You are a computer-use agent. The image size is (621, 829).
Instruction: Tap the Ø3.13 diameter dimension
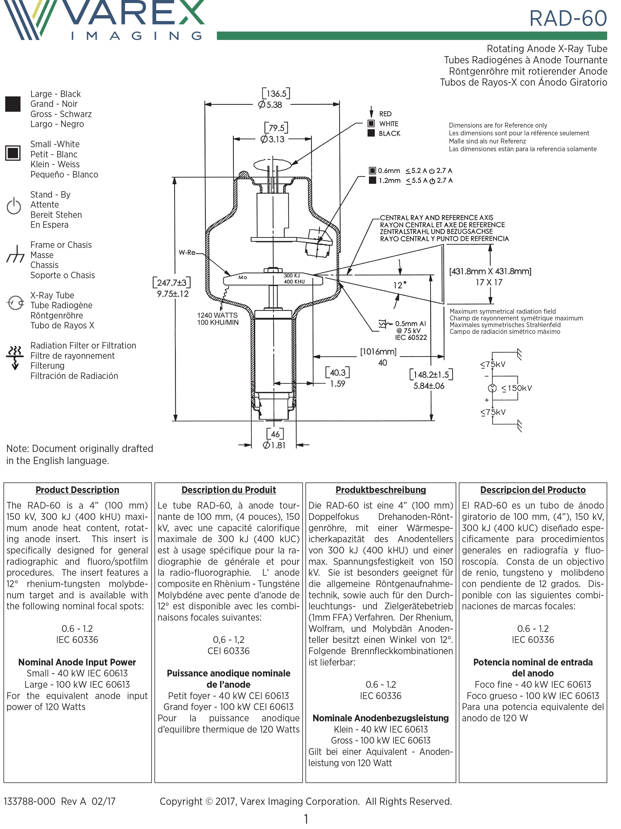click(x=273, y=139)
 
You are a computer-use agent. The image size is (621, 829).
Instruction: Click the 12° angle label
click(x=399, y=285)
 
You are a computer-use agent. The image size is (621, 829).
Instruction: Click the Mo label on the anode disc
click(x=243, y=277)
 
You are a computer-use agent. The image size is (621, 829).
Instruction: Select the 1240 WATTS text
click(x=217, y=315)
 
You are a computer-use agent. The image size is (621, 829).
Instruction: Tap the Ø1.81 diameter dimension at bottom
click(x=274, y=445)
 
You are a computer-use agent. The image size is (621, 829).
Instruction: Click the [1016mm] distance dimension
click(x=378, y=352)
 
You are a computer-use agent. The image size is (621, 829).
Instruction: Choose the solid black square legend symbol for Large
click(x=13, y=104)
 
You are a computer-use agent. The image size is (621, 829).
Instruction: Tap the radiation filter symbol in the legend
click(x=14, y=357)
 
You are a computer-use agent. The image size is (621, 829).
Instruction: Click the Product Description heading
click(x=77, y=490)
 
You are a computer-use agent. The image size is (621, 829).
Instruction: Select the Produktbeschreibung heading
click(x=381, y=490)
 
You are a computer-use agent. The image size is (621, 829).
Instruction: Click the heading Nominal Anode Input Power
click(x=77, y=662)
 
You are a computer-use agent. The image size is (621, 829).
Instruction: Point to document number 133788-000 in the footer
click(x=30, y=801)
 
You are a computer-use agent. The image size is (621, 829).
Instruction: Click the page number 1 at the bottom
click(x=306, y=819)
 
